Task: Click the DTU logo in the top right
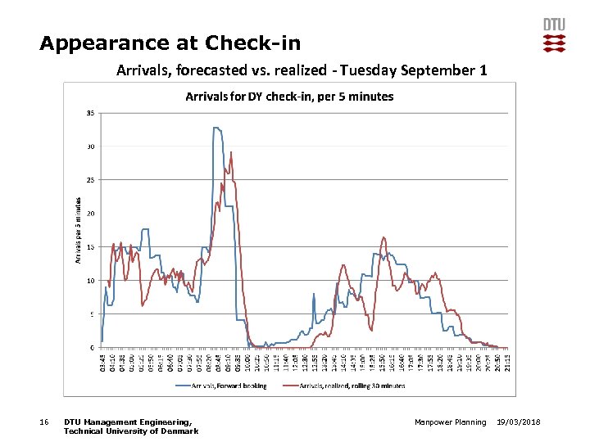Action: [554, 34]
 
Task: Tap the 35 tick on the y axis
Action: [89, 113]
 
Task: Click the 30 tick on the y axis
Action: [89, 147]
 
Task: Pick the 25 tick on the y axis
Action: [89, 180]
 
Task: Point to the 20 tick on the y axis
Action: [89, 214]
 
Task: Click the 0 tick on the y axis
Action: [91, 347]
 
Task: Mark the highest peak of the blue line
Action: [216, 128]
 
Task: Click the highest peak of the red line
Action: [231, 152]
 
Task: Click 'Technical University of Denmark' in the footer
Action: [130, 431]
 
